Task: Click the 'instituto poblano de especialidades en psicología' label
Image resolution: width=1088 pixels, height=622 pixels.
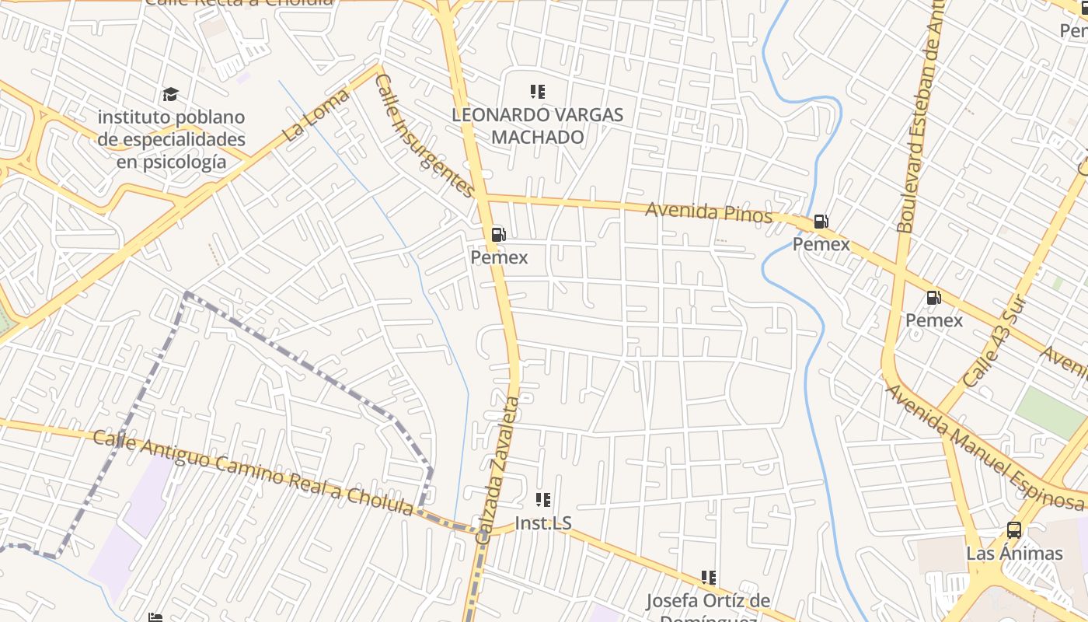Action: point(172,140)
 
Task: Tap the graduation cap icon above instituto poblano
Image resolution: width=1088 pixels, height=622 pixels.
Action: point(170,95)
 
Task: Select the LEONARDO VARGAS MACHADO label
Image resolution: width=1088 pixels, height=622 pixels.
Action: point(538,126)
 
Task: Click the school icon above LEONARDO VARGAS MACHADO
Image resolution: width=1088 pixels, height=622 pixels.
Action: point(537,92)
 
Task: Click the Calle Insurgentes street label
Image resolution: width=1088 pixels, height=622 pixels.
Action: point(424,135)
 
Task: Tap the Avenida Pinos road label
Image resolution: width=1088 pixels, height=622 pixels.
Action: point(709,211)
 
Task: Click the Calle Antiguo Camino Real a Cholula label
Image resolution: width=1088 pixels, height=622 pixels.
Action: point(253,473)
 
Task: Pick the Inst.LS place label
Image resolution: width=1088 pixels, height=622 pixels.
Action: point(543,523)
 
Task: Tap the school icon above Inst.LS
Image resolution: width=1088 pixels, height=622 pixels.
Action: point(543,500)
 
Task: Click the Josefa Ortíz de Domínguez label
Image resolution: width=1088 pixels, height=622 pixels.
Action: point(708,603)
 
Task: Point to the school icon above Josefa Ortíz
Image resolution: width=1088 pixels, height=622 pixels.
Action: point(708,577)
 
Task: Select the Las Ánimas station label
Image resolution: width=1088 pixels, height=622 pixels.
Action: point(1014,554)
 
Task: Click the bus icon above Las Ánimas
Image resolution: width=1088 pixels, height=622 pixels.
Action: point(1014,530)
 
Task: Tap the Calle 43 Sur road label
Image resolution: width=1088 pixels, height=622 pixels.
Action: point(996,342)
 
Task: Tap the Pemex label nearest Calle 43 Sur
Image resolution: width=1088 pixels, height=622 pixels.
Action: point(934,320)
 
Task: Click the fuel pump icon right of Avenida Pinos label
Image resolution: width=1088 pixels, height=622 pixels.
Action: point(821,222)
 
